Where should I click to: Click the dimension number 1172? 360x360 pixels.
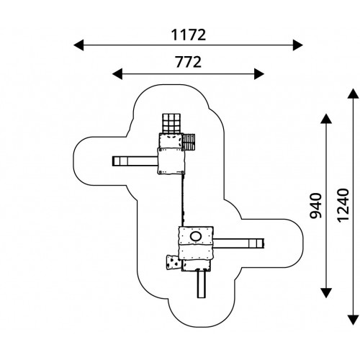tap(189, 35)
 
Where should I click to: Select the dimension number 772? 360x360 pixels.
tap(189, 62)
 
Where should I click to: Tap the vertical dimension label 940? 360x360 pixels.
tap(315, 206)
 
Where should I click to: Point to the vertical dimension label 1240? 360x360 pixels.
tap(343, 205)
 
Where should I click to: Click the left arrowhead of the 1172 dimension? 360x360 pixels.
tap(78, 45)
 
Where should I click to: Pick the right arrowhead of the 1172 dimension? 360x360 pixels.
tap(297, 45)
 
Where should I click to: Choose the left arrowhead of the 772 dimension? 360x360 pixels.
tap(117, 73)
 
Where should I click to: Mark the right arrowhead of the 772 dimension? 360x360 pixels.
tap(259, 73)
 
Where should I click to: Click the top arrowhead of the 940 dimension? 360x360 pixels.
tap(326, 119)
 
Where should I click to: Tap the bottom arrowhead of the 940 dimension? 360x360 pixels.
tap(326, 293)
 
